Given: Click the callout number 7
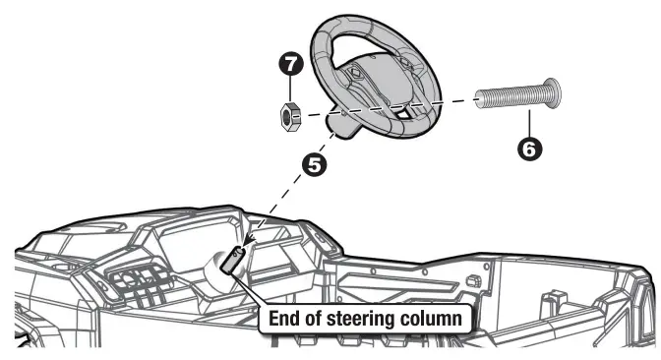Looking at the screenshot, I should pyautogui.click(x=289, y=66).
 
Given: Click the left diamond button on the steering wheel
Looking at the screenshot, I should pyautogui.click(x=352, y=74).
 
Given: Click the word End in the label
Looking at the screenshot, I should pyautogui.click(x=284, y=319).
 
